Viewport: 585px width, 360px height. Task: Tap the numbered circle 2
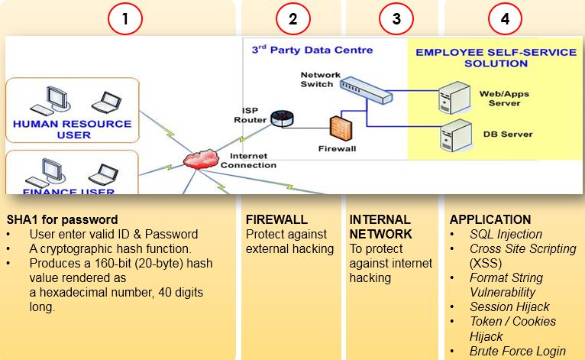[292, 19]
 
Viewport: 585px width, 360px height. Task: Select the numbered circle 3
[396, 19]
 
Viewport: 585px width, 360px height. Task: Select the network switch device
[365, 90]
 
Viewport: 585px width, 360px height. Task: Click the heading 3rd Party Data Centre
[312, 50]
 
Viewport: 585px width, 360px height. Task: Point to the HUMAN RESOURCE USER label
[72, 129]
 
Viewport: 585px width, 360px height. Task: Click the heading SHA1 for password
[62, 219]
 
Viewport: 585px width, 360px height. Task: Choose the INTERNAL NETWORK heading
[380, 227]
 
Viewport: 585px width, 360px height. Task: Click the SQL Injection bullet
[506, 234]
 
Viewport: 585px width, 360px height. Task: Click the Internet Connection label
[248, 160]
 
